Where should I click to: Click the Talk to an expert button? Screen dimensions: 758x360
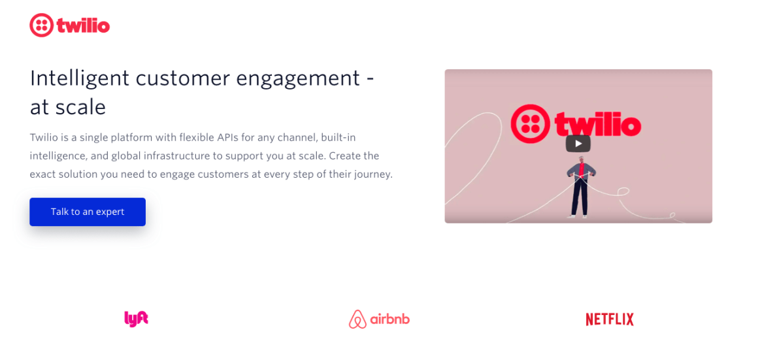pos(88,212)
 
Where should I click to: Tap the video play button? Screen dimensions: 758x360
pos(578,144)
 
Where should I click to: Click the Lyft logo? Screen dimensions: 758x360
pos(137,319)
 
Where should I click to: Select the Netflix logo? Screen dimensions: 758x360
pos(609,319)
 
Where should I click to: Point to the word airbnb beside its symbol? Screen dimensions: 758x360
pos(389,319)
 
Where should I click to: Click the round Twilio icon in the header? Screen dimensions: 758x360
pos(41,25)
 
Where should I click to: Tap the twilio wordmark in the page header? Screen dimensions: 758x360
pos(83,25)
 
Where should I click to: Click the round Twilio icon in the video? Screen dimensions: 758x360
pos(530,123)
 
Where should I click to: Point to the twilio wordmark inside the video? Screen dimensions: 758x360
pos(597,124)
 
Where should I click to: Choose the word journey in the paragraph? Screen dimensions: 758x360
pos(374,175)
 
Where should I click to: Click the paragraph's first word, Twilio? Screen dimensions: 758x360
pos(43,138)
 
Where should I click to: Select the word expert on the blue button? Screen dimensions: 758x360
pos(110,212)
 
